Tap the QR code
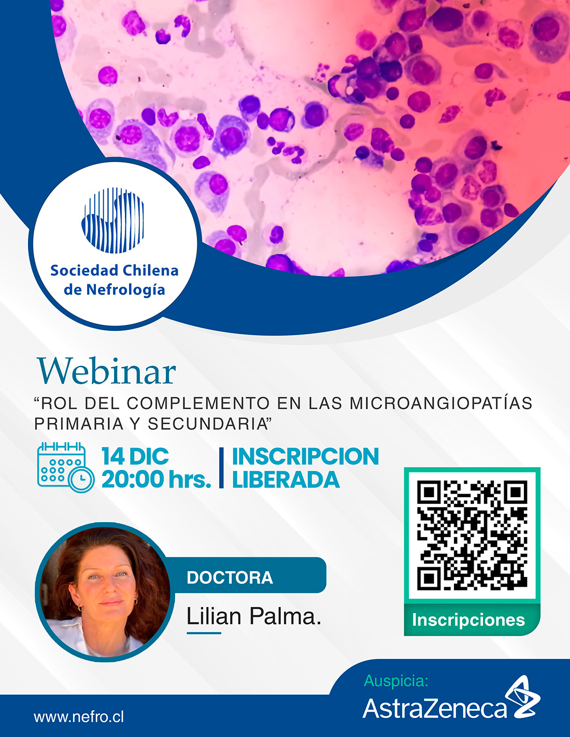coord(472,535)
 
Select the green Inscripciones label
coord(468,619)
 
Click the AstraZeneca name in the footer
coord(434,708)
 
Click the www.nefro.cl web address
coord(79,717)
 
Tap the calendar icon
coord(66,467)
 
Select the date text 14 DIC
coord(135,456)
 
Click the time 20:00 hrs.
coord(156,479)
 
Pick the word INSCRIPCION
coord(305,456)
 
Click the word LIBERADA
coord(286,479)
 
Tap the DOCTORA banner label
coord(230,577)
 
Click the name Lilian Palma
coord(253,616)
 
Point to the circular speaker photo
coord(105,592)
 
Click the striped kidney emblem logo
coord(113,221)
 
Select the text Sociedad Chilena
coord(115,271)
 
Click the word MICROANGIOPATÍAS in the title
coord(441,403)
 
